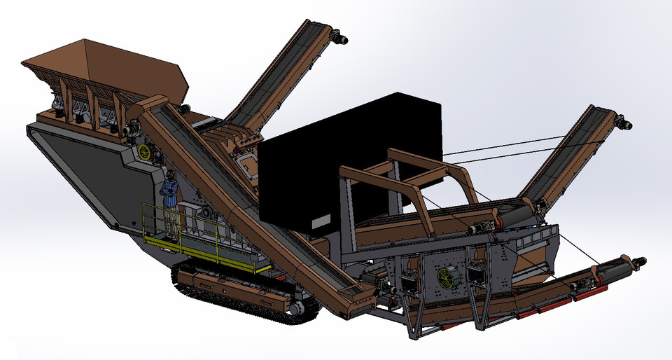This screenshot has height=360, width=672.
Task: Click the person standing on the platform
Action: [170, 200]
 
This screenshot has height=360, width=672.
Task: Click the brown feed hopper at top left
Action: [105, 74]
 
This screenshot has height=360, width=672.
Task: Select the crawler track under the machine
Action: [231, 294]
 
